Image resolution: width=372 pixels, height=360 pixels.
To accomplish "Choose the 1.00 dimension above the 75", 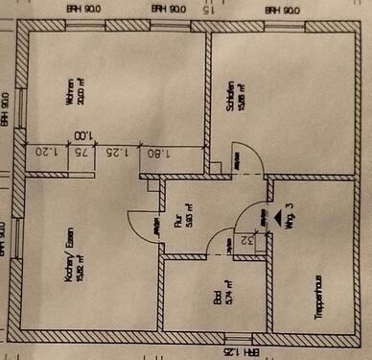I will pyautogui.click(x=84, y=137).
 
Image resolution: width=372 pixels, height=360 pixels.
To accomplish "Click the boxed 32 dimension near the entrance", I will pyautogui.click(x=248, y=241).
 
